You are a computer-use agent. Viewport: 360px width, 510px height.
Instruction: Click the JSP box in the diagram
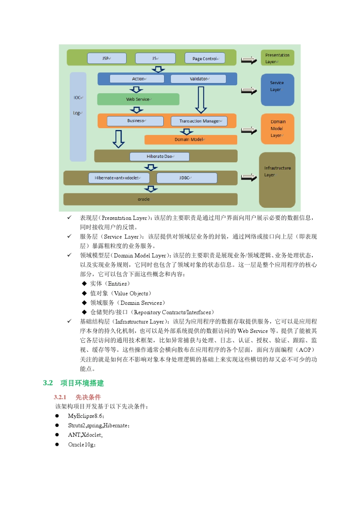[x=106, y=58]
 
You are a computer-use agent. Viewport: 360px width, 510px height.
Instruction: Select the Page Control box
[x=205, y=58]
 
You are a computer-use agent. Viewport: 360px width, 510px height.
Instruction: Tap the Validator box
[x=198, y=79]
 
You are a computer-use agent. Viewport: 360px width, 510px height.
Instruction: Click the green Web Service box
[x=138, y=99]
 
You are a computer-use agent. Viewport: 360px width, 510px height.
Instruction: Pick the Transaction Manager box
[x=199, y=121]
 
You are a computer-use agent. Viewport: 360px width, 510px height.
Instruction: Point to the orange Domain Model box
[x=190, y=140]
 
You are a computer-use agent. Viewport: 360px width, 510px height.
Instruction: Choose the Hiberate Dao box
[x=159, y=156]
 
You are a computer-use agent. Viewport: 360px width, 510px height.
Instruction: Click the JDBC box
[x=186, y=178]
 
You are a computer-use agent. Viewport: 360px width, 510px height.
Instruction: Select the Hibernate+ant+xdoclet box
[x=119, y=178]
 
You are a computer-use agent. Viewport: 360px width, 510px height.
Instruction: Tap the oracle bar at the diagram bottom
[x=150, y=199]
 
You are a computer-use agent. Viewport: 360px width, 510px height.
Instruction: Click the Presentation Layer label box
[x=277, y=58]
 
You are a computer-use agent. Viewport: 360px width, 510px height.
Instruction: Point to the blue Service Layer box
[x=277, y=89]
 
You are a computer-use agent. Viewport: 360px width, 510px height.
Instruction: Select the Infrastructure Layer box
[x=277, y=180]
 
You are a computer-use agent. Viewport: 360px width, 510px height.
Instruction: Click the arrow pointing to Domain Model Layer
[x=249, y=130]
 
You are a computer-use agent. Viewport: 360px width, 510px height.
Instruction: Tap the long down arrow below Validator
[x=201, y=100]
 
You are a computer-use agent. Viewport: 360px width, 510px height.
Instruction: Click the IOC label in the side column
[x=78, y=98]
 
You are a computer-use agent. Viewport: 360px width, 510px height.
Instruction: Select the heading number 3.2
[x=48, y=383]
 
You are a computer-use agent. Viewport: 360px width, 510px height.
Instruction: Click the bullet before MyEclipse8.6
[x=57, y=416]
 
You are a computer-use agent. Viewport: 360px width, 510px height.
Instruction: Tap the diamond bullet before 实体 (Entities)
[x=84, y=284]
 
